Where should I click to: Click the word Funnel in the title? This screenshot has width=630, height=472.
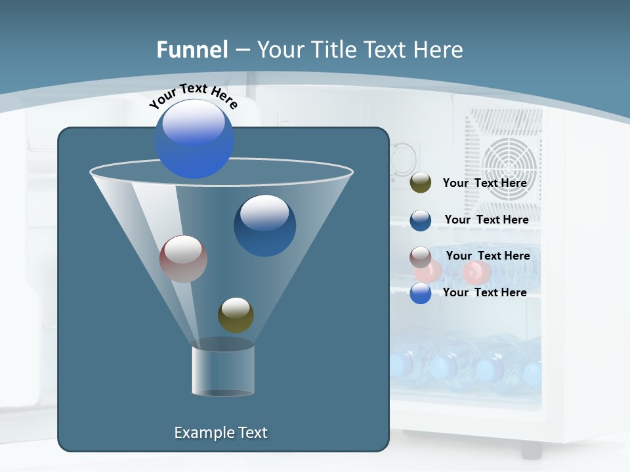click(x=192, y=50)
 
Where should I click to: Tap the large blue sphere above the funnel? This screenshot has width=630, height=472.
click(x=194, y=139)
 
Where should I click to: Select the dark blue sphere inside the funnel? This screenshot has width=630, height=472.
click(x=264, y=226)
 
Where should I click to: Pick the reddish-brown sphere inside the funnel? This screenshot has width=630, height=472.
click(x=183, y=259)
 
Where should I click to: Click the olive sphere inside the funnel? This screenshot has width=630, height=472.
click(x=236, y=315)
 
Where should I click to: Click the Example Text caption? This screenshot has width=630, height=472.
click(x=220, y=433)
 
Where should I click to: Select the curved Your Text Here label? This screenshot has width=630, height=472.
click(x=193, y=96)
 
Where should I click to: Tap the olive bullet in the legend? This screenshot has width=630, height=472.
click(x=421, y=183)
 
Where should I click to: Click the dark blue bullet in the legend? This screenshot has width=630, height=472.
click(x=421, y=220)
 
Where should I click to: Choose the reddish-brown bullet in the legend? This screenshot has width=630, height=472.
click(x=421, y=257)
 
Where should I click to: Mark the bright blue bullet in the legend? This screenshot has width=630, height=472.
click(x=421, y=293)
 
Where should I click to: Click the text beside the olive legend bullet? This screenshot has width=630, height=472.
click(x=484, y=184)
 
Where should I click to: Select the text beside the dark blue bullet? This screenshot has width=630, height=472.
click(x=486, y=220)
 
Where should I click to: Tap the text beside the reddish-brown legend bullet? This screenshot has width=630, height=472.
click(x=488, y=256)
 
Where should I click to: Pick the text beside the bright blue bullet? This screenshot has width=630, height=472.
click(x=484, y=292)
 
